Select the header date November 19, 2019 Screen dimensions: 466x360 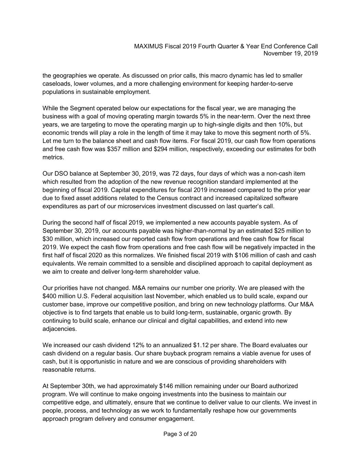(x=291, y=54)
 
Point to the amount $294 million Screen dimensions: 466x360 (x=170, y=149)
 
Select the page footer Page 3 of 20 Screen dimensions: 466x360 (x=180, y=434)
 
